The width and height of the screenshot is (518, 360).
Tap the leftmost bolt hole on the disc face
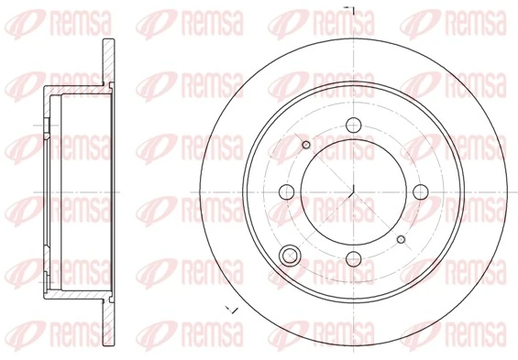click(286, 191)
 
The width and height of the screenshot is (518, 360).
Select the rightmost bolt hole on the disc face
click(420, 191)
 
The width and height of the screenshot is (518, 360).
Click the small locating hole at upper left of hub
click(306, 144)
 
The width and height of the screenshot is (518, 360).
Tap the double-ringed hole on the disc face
click(292, 256)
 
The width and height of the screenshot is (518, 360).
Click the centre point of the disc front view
click(353, 191)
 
